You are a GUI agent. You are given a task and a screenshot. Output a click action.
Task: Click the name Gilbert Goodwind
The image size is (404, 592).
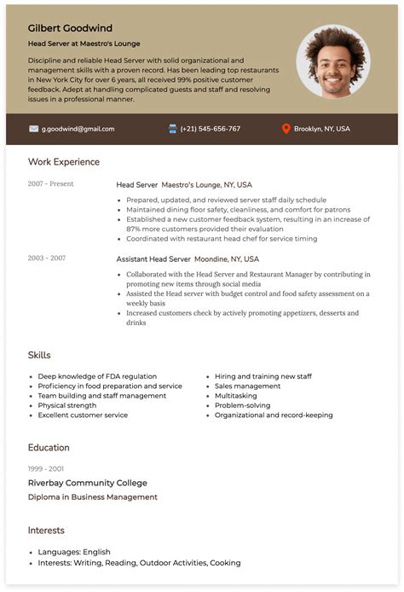(x=70, y=28)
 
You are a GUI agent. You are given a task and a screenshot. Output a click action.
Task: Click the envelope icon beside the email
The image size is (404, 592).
(x=34, y=129)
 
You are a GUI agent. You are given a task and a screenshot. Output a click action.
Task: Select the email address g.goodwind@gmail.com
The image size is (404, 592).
(x=78, y=129)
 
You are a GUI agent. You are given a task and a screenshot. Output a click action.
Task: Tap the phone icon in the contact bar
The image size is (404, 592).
(x=173, y=129)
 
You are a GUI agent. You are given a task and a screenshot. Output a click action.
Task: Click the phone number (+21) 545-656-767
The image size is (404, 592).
(x=210, y=129)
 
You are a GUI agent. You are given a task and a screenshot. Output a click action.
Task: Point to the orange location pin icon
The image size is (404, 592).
(x=286, y=129)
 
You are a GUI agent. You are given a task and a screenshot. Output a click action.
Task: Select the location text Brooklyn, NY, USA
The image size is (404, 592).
(x=321, y=129)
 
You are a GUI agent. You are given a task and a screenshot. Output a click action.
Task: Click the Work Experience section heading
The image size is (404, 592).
(x=63, y=162)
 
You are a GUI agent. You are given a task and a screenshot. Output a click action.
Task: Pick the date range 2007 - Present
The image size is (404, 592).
(x=50, y=184)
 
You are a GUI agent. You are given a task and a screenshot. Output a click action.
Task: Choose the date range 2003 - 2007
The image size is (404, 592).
(x=46, y=258)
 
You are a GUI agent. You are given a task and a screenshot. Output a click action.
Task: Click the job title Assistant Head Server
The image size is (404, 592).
(x=153, y=258)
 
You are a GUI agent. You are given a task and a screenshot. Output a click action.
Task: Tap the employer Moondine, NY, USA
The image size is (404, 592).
(x=227, y=258)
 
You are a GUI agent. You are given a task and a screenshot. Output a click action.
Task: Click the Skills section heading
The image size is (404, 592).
(x=39, y=355)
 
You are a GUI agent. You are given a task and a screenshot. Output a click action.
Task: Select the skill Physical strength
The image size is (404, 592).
(x=67, y=405)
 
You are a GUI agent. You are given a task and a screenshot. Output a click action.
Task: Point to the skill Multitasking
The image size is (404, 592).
(x=236, y=396)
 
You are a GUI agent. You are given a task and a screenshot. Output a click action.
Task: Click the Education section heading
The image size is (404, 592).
(x=49, y=448)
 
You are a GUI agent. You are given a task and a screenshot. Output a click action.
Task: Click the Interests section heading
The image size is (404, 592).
(x=46, y=531)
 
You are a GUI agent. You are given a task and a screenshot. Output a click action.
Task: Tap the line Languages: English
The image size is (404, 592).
(x=74, y=552)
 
